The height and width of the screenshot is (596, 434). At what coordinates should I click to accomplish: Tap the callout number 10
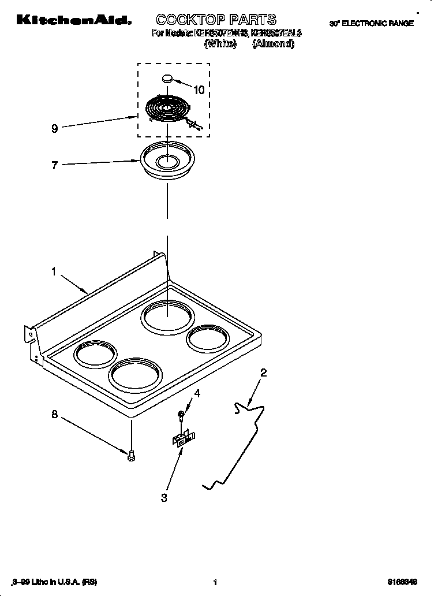(x=199, y=90)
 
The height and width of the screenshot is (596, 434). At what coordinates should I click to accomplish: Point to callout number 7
(x=54, y=166)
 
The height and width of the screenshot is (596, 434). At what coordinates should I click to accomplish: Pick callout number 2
(x=263, y=372)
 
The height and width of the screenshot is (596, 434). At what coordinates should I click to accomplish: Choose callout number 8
(x=54, y=414)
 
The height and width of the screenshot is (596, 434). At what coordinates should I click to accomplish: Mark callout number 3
(x=164, y=498)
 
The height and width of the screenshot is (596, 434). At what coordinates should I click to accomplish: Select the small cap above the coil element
(x=167, y=78)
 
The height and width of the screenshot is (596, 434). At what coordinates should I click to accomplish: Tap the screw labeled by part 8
(x=132, y=456)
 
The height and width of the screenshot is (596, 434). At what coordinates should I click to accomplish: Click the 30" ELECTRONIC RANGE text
(x=371, y=24)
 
